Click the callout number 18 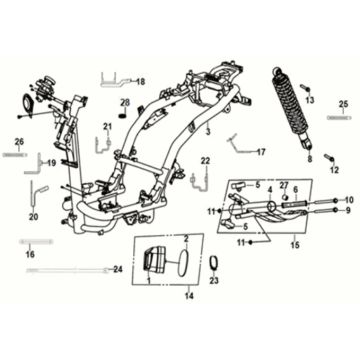pyautogui.click(x=140, y=81)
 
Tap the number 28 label pyautogui.click(x=126, y=102)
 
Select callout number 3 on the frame pyautogui.click(x=207, y=131)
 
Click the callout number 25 pyautogui.click(x=343, y=104)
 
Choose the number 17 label pyautogui.click(x=261, y=152)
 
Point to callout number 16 pyautogui.click(x=29, y=255)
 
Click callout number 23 pyautogui.click(x=213, y=282)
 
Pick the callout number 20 pyautogui.click(x=33, y=216)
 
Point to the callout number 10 pyautogui.click(x=348, y=200)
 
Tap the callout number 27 pyautogui.click(x=283, y=186)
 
